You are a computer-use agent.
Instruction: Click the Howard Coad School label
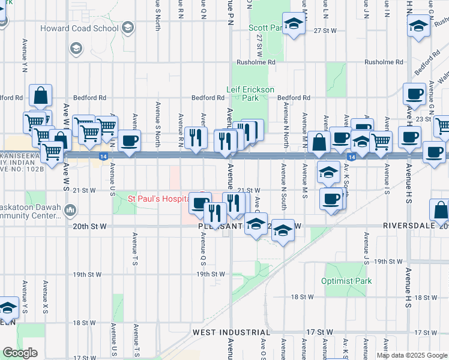click(79, 28)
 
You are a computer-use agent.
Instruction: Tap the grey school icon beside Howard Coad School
click(127, 28)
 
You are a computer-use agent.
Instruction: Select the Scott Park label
click(266, 28)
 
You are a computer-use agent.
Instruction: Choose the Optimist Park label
click(346, 281)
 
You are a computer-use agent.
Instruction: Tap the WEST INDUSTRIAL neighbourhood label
click(231, 332)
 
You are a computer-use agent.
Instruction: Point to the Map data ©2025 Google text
click(412, 355)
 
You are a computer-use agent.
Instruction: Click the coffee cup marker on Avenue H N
click(414, 94)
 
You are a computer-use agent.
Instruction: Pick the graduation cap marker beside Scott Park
click(294, 24)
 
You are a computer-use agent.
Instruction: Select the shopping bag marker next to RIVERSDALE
click(441, 210)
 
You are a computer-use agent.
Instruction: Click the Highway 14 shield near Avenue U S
click(104, 156)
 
